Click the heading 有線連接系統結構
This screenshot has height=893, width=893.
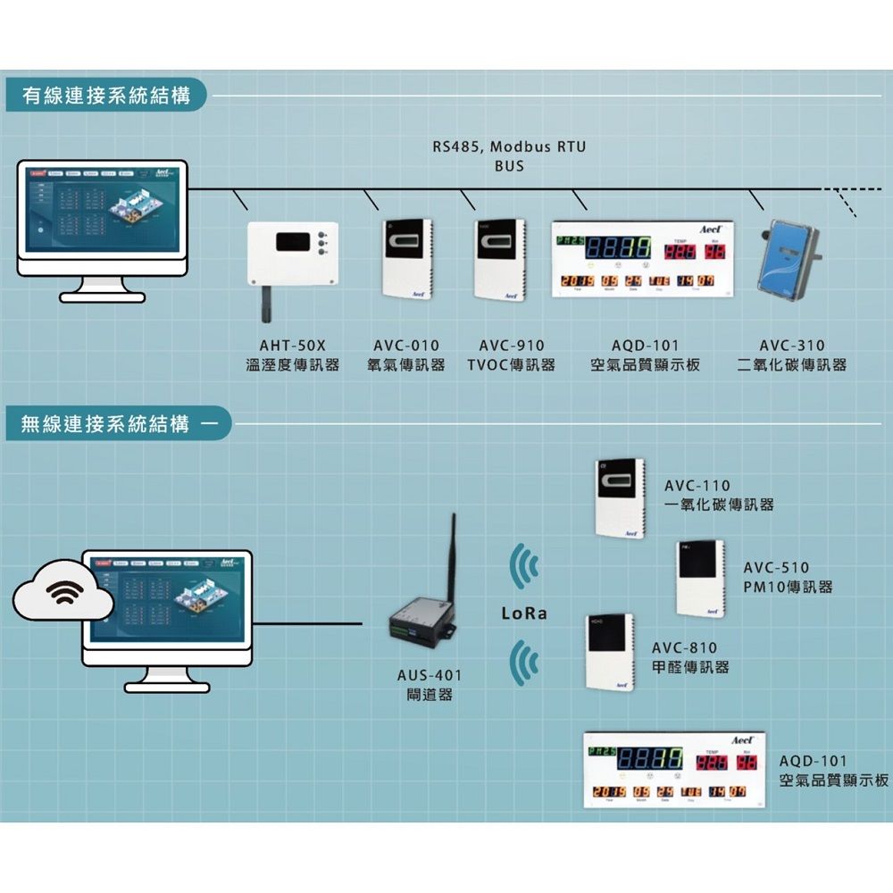[x=106, y=96]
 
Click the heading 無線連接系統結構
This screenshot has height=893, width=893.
[x=106, y=423]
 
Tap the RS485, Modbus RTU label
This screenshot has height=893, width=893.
[x=509, y=146]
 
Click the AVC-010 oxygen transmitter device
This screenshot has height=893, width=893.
[x=406, y=259]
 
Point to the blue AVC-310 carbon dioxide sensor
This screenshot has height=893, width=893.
[x=787, y=259]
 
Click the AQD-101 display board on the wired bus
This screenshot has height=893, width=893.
[x=642, y=259]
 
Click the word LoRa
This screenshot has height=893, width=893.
[x=523, y=614]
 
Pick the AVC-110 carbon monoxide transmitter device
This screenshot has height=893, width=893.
[x=619, y=497]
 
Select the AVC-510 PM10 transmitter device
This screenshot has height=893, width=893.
[x=700, y=578]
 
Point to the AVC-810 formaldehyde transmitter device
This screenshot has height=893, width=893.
[x=609, y=652]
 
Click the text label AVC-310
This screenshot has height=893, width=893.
[x=791, y=346]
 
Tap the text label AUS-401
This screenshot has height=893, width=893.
[x=430, y=675]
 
